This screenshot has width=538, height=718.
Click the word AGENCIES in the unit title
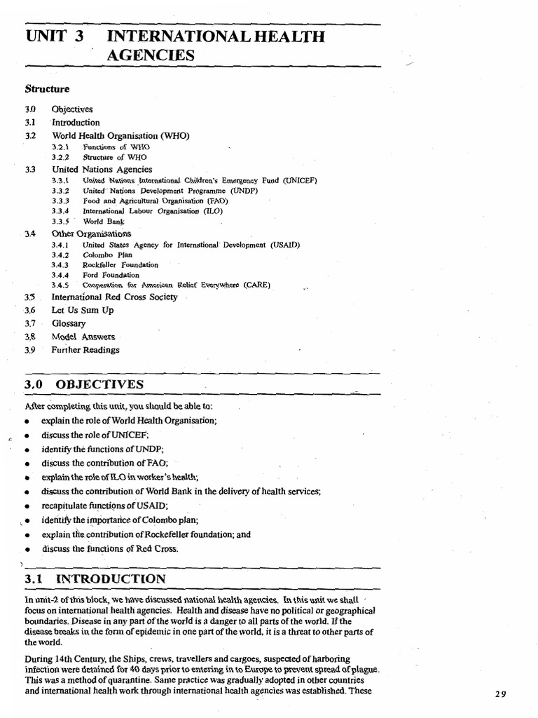150,54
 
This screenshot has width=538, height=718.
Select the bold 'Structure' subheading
47,89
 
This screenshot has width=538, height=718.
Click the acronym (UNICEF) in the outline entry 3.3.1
301,180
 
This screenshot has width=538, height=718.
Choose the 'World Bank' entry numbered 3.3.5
104,221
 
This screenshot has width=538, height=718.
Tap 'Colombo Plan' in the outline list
107,255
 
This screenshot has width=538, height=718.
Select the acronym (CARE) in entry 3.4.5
254,285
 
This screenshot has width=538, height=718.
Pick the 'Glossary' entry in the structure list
69,323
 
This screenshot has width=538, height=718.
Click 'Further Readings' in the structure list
85,350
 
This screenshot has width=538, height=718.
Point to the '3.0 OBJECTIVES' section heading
84,385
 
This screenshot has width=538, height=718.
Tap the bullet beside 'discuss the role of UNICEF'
26,436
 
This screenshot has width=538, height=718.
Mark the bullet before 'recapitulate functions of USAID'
26,506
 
